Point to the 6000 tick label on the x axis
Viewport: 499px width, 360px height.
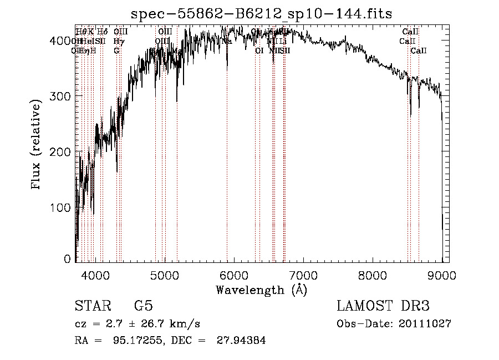tap(234, 274)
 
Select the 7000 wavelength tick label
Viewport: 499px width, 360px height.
tap(303, 274)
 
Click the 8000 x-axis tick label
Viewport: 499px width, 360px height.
tap(373, 274)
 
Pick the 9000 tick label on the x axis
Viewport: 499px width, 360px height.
tap(441, 274)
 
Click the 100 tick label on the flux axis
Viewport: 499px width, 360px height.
tap(62, 207)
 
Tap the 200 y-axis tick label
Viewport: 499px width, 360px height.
tap(62, 151)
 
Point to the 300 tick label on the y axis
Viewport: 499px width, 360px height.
tap(62, 96)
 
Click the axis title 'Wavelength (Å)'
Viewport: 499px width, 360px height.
tap(261, 290)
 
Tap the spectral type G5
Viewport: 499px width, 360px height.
tap(143, 306)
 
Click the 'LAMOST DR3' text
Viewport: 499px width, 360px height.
tap(383, 306)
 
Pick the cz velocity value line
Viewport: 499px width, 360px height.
tap(137, 324)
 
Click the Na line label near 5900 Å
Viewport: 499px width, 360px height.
tap(227, 41)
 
